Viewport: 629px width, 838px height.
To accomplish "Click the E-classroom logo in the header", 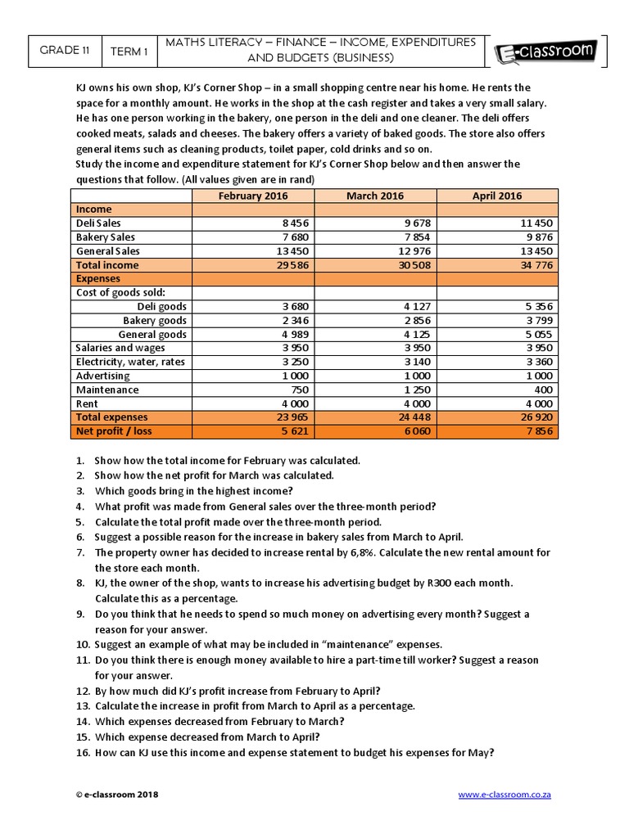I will click(x=545, y=53).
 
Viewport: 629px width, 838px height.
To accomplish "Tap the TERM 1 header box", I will click(x=129, y=51).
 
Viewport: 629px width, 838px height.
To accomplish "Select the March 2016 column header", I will click(x=374, y=196).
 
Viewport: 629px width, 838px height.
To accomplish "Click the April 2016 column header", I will click(x=497, y=196).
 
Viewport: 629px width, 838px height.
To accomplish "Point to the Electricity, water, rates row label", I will click(x=129, y=362).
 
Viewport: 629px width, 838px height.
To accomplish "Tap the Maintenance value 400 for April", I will click(x=541, y=390).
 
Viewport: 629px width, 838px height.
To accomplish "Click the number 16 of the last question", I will click(x=81, y=753).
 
